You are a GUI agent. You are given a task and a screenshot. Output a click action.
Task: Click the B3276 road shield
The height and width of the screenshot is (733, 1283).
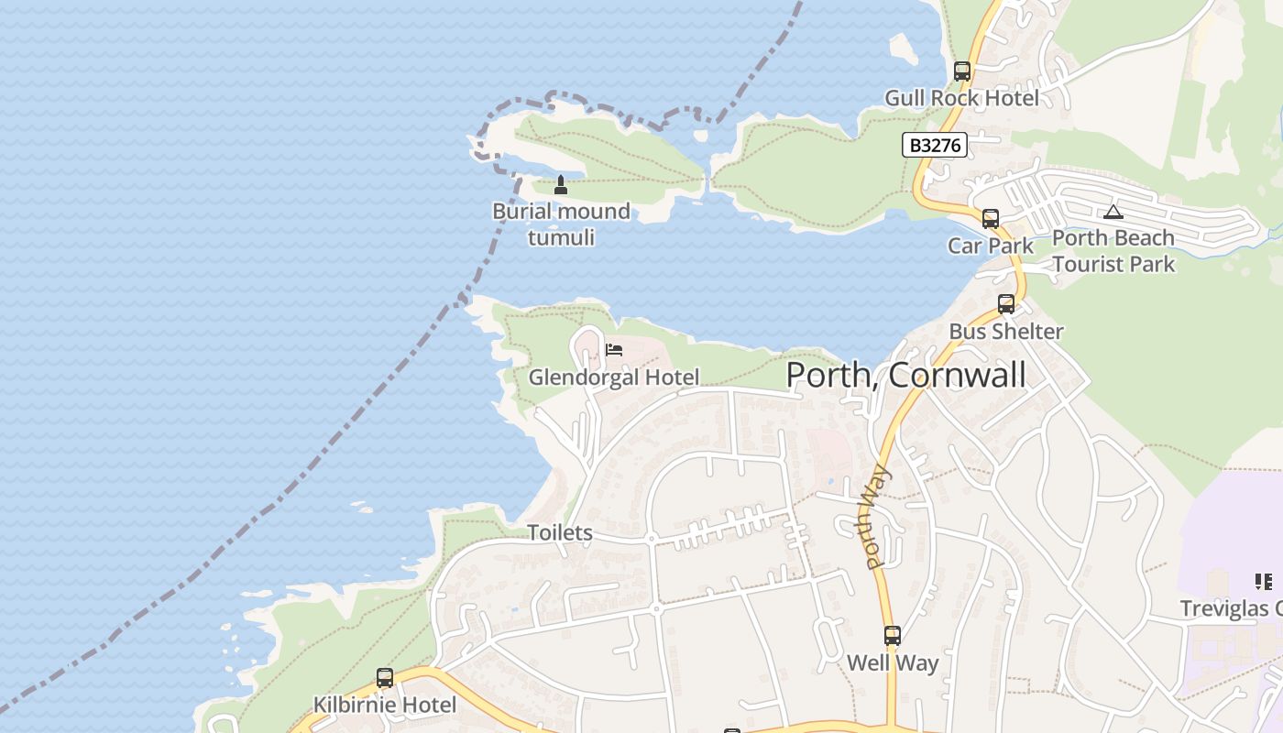point(934,145)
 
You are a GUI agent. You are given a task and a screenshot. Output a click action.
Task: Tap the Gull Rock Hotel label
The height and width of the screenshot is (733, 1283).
point(961,98)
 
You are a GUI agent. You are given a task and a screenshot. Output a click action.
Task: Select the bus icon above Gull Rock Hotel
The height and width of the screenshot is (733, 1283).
point(961,71)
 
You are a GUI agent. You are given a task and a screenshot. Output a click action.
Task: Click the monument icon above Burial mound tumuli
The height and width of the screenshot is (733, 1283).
point(561,185)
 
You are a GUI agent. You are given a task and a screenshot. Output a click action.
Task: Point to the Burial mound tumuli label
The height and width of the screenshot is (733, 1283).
point(561,224)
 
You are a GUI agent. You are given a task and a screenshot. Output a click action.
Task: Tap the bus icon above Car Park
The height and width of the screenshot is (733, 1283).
point(990,219)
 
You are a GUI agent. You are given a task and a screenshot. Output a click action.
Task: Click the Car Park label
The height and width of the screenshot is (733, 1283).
point(990,246)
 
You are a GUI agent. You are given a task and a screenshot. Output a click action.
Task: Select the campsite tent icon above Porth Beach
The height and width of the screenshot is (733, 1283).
point(1113,213)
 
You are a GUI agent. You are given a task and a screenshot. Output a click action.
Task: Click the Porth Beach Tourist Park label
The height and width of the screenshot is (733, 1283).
point(1113,251)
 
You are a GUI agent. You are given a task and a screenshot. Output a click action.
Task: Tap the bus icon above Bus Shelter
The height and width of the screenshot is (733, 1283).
point(1005,304)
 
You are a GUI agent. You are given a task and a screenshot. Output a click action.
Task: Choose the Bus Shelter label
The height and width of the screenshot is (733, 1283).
point(1005,332)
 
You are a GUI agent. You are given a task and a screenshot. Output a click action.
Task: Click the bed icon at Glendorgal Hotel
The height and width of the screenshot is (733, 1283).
point(614,350)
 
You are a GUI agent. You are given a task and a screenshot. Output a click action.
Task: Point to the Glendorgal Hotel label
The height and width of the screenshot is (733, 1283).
point(613,377)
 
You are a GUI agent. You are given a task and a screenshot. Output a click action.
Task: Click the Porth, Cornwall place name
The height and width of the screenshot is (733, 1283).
point(905,375)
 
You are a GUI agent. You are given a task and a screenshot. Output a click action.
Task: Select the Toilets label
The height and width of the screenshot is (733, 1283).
point(559,532)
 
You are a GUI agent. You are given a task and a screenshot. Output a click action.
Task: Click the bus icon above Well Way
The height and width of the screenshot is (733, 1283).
point(892,636)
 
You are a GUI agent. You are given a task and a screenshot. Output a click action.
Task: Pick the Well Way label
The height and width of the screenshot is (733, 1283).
point(892,662)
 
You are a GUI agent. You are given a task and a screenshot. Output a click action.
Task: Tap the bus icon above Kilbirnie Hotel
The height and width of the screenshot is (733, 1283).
point(384,678)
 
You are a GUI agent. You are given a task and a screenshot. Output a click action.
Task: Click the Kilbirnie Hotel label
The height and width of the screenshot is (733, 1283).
point(384,705)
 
